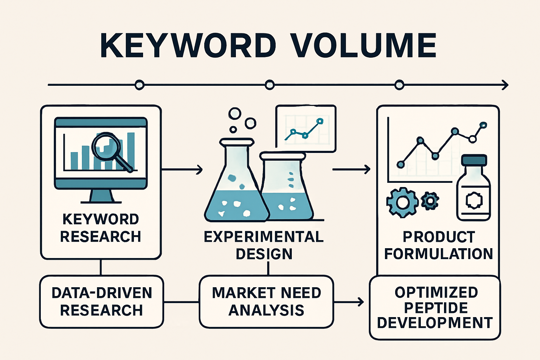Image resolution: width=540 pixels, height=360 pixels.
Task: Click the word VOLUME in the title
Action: pyautogui.click(x=364, y=46)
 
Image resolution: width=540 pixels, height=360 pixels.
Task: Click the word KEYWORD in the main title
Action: pyautogui.click(x=188, y=46)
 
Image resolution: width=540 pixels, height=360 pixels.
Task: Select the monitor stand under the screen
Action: pyautogui.click(x=101, y=196)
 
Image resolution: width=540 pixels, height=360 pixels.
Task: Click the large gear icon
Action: pyautogui.click(x=402, y=202)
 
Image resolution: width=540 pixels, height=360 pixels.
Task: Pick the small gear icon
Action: pyautogui.click(x=430, y=201)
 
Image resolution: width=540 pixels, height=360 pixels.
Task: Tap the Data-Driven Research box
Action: pyautogui.click(x=102, y=302)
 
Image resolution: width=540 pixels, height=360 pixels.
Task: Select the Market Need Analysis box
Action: pyautogui.click(x=266, y=302)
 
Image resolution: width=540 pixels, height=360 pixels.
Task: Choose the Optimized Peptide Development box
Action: pyautogui.click(x=435, y=308)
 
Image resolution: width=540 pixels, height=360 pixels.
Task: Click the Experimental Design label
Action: pyautogui.click(x=264, y=245)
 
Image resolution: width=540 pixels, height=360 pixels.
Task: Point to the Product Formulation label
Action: pyautogui.click(x=438, y=245)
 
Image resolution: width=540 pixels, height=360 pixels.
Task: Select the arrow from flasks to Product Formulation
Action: pyautogui.click(x=351, y=169)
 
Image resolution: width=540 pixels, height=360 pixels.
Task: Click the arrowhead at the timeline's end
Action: pyautogui.click(x=505, y=85)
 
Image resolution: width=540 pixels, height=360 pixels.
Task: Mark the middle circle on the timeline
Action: pyautogui.click(x=270, y=85)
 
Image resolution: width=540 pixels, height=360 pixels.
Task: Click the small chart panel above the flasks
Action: pyautogui.click(x=306, y=129)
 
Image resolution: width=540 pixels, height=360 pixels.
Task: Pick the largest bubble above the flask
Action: pyautogui.click(x=234, y=114)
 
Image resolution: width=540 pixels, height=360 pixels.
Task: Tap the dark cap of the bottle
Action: pyautogui.click(x=474, y=160)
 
